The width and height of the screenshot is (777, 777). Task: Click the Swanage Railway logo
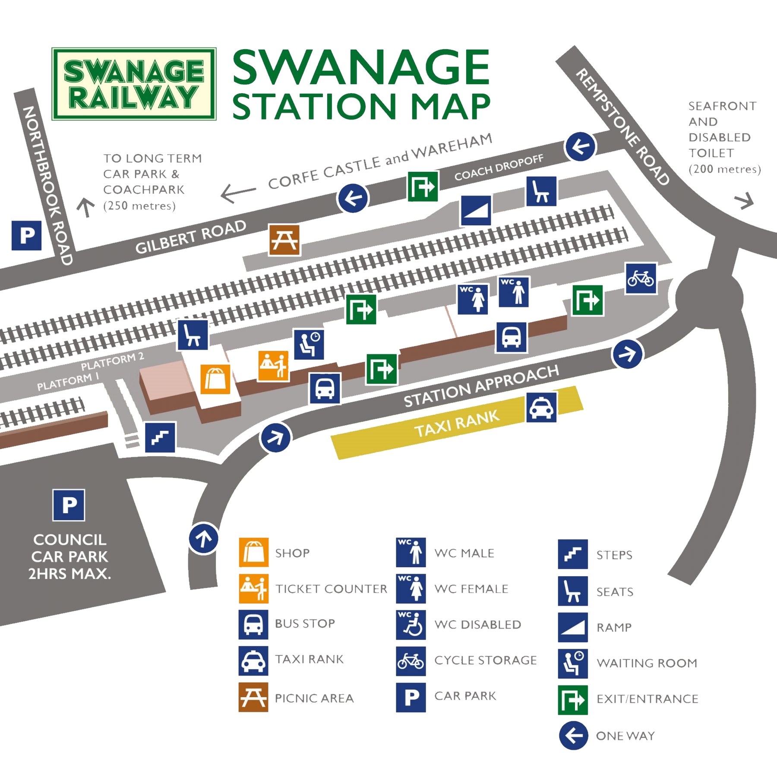point(134,84)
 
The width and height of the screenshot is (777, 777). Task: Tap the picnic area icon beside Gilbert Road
point(284,240)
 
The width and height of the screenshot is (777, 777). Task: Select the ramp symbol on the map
point(476,211)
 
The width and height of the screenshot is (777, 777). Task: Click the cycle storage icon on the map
point(641,278)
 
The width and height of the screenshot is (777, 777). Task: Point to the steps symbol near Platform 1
point(160,437)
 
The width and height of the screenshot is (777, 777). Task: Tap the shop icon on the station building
point(215,379)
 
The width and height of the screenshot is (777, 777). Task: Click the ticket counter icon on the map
point(273,366)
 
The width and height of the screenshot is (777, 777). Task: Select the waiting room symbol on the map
point(309,344)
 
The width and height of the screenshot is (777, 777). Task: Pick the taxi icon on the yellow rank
point(541,407)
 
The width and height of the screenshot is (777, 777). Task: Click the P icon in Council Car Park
point(69,505)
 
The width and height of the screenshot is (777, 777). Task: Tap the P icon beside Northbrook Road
point(27,235)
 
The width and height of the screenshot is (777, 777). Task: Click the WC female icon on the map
point(473,299)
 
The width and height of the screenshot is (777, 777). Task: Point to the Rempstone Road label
point(622,127)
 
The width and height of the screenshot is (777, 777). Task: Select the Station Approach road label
point(481,386)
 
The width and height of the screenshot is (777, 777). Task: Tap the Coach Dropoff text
point(499,168)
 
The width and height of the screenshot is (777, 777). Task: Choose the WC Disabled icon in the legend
point(411,625)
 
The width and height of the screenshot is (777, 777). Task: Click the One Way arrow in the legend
point(573,736)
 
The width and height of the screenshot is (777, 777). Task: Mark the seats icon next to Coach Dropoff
point(541,191)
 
